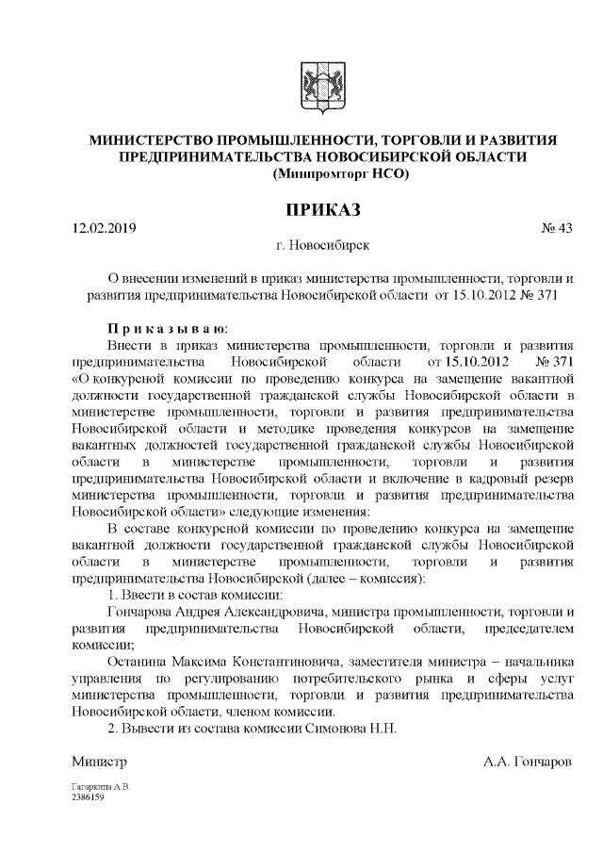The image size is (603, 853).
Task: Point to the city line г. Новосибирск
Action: (x=318, y=246)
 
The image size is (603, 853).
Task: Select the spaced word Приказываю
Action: (x=165, y=329)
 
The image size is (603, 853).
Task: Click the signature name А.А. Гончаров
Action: (x=527, y=761)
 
